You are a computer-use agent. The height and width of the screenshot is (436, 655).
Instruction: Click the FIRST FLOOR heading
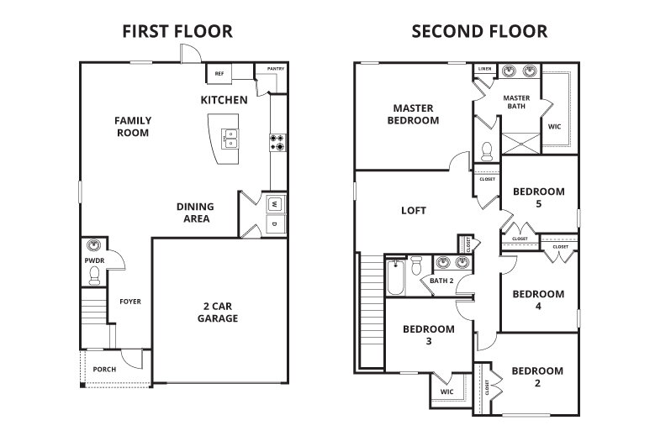pos(177,32)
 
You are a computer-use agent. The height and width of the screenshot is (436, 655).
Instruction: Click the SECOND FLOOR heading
pos(478,32)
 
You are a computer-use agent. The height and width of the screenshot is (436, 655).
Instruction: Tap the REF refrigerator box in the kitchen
pos(219,74)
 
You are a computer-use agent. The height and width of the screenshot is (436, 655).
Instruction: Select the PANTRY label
pos(275,69)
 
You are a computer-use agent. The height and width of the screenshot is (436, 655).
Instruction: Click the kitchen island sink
pos(229,137)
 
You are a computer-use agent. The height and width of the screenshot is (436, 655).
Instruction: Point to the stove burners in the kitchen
pos(277,142)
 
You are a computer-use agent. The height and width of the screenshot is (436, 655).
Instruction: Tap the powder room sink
pos(94,247)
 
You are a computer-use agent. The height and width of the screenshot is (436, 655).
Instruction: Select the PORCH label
pos(105,370)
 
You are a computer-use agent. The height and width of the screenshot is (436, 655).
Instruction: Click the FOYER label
pos(129,302)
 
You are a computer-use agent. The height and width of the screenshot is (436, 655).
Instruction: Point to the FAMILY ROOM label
pos(133,126)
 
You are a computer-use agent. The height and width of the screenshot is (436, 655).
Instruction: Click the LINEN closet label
pos(484,69)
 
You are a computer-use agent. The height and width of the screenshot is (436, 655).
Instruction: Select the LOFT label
pos(414,211)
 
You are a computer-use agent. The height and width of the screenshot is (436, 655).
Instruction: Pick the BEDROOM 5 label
pos(538,197)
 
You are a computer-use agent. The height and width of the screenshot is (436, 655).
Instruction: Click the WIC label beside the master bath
pos(554,127)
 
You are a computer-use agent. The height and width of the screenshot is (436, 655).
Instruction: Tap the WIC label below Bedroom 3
pos(446,390)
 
